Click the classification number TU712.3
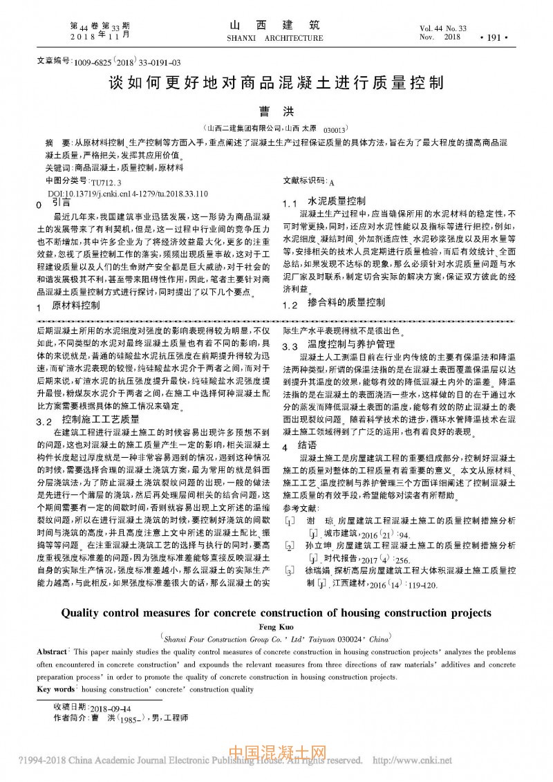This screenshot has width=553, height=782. [x=106, y=183]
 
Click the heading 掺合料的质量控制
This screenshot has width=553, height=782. [x=346, y=302]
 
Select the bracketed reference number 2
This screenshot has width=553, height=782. [x=290, y=546]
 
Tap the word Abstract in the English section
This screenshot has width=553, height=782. [x=52, y=652]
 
